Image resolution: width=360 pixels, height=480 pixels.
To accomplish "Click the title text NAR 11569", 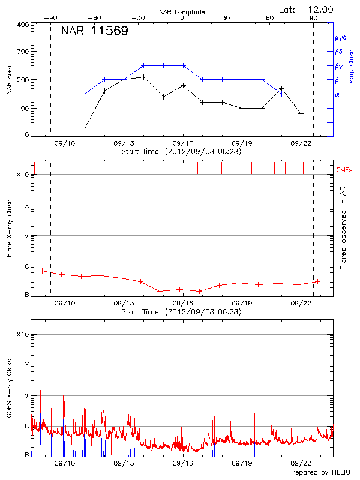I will pos(94,31).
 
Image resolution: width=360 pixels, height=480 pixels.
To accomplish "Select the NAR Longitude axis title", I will pos(182,12).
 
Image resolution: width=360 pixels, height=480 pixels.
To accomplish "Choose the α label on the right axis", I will pos(337,94).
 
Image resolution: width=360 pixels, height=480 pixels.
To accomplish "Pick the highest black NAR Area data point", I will pos(144,77).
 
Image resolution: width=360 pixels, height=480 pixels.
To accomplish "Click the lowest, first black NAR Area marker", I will pos(85,128).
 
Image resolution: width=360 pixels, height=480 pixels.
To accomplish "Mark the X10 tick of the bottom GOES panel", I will pos(22,334).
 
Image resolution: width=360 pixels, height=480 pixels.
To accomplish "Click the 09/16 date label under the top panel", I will pos(183,143).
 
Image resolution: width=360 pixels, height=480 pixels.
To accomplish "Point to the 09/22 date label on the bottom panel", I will pos(301,463).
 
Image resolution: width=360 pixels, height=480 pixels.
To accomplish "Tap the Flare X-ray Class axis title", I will pos(9,229).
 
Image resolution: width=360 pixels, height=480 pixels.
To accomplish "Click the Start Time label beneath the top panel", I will pos(181,152).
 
